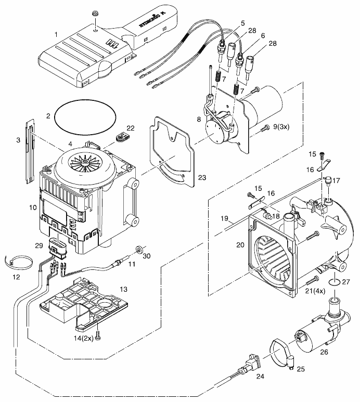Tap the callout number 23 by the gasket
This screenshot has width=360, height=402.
point(202,177)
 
